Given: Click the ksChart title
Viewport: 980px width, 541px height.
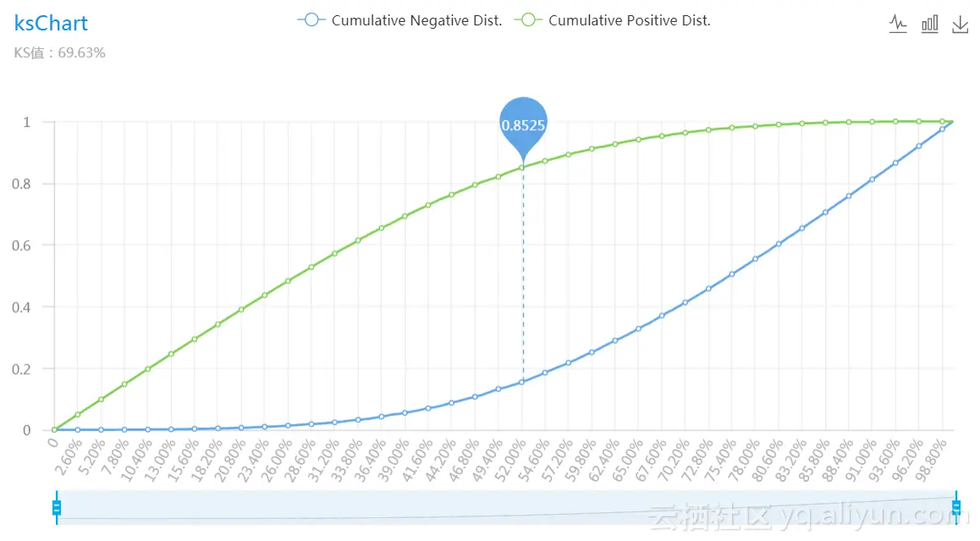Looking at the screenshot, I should pyautogui.click(x=51, y=23).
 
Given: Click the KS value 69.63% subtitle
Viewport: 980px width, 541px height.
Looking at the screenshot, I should pyautogui.click(x=59, y=53).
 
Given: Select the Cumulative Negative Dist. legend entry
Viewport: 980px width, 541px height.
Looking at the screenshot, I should pyautogui.click(x=400, y=20).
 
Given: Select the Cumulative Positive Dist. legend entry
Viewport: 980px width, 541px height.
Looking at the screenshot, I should pyautogui.click(x=616, y=20).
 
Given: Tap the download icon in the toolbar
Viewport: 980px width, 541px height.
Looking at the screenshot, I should pyautogui.click(x=960, y=24).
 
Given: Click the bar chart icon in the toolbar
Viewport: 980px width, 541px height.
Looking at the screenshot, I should pyautogui.click(x=929, y=24).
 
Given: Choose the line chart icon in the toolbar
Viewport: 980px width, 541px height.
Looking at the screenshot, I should pyautogui.click(x=898, y=24).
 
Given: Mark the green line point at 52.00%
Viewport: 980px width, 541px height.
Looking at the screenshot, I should pyautogui.click(x=522, y=167).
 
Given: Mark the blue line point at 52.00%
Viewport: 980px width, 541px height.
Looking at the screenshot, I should pyautogui.click(x=522, y=382).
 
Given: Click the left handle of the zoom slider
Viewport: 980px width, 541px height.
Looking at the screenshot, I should pyautogui.click(x=57, y=507).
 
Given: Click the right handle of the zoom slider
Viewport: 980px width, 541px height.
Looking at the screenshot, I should pyautogui.click(x=956, y=507).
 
